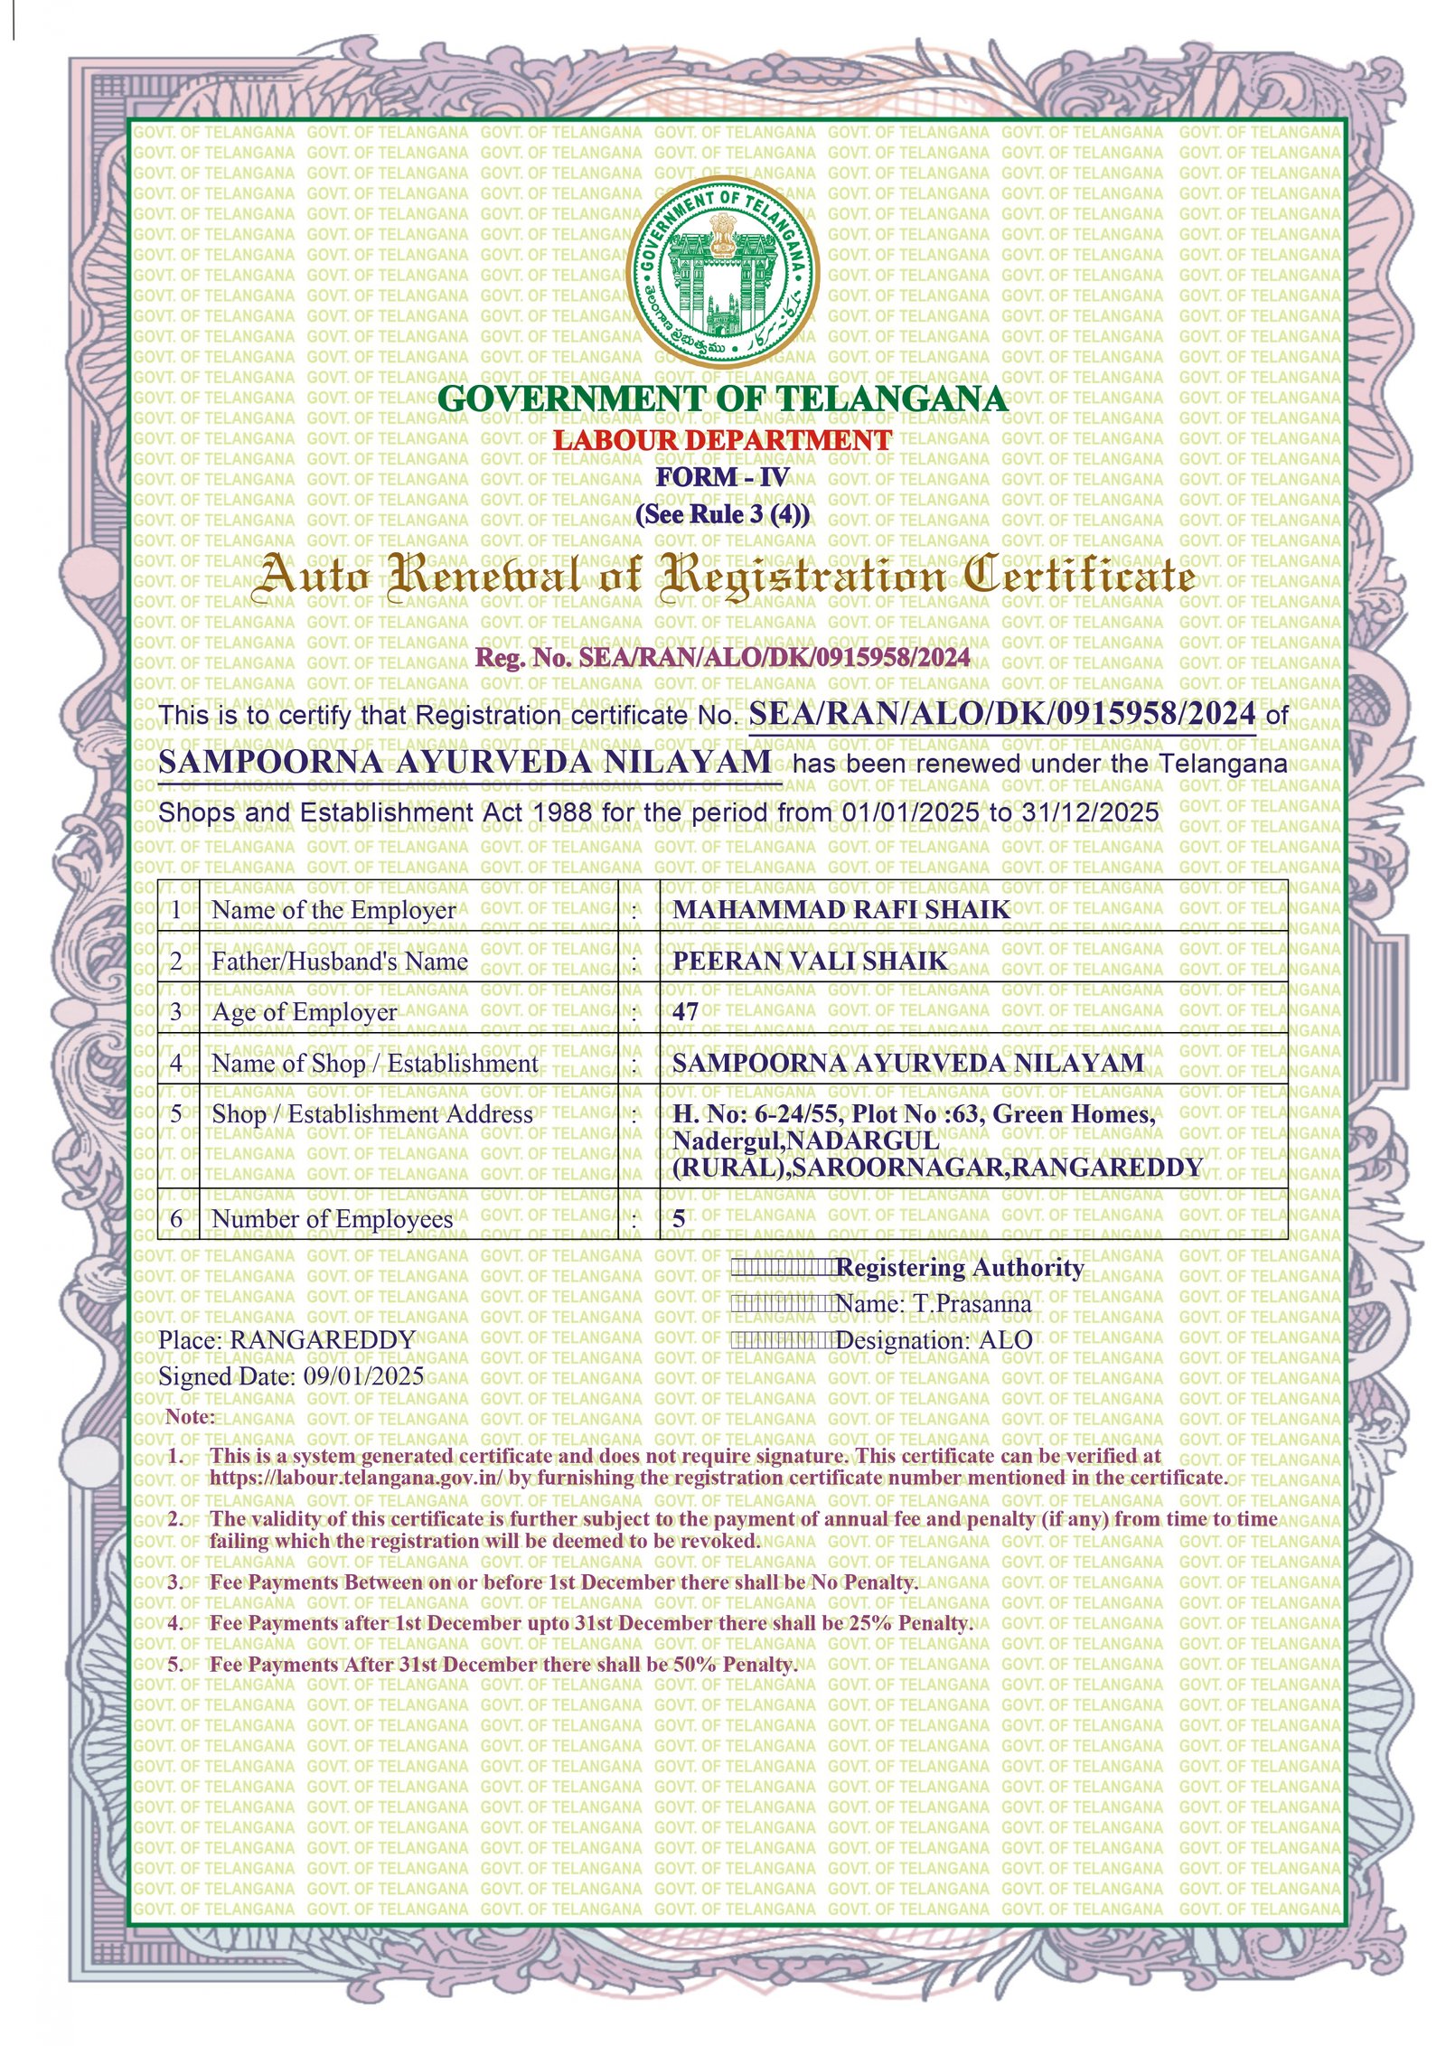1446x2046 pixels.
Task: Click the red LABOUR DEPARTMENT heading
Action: [721, 440]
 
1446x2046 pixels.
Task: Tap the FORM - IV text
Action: [721, 477]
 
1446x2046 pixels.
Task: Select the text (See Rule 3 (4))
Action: [721, 514]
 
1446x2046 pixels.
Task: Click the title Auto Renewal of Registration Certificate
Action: [721, 576]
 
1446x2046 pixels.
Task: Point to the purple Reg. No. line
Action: [721, 657]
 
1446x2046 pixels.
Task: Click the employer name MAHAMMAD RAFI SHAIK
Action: [840, 909]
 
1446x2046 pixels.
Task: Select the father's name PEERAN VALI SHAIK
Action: [810, 961]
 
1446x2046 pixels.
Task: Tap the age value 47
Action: [685, 1011]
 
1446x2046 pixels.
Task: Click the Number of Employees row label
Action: [332, 1219]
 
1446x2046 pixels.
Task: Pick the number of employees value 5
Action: [679, 1219]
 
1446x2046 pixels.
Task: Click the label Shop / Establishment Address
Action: [371, 1114]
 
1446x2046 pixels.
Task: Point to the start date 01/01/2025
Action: [909, 812]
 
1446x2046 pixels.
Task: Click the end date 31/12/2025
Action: [1089, 812]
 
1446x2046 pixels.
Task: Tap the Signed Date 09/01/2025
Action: [363, 1376]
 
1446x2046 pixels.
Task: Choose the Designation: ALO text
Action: [934, 1340]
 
